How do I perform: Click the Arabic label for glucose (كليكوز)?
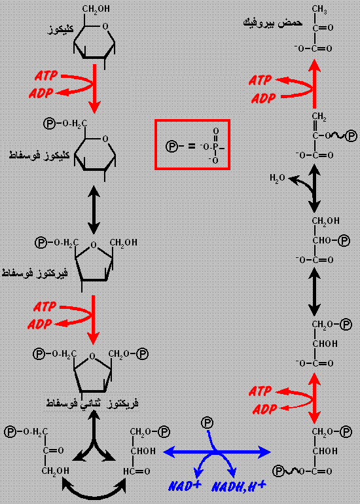point(60,29)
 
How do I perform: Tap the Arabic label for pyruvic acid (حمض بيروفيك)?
point(273,23)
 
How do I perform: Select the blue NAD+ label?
point(185,486)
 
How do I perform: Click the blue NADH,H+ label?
point(238,486)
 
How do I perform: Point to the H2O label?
point(278,178)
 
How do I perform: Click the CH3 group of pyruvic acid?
point(319,9)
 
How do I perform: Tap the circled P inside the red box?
point(171,147)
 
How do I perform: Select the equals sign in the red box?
point(191,147)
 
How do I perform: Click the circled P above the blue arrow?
point(207,423)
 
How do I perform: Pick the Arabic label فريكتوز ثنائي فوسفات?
point(92,403)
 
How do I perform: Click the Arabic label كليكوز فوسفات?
point(39,155)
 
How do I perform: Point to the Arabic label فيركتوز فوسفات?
point(35,273)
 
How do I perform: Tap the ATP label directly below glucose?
point(46,76)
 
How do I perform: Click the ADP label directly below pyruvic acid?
point(263,98)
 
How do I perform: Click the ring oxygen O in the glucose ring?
point(105,27)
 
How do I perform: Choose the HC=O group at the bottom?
point(137,471)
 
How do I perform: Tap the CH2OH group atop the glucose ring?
point(96,9)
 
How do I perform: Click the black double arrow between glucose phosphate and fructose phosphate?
point(94,209)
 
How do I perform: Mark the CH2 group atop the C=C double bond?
point(319,117)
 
